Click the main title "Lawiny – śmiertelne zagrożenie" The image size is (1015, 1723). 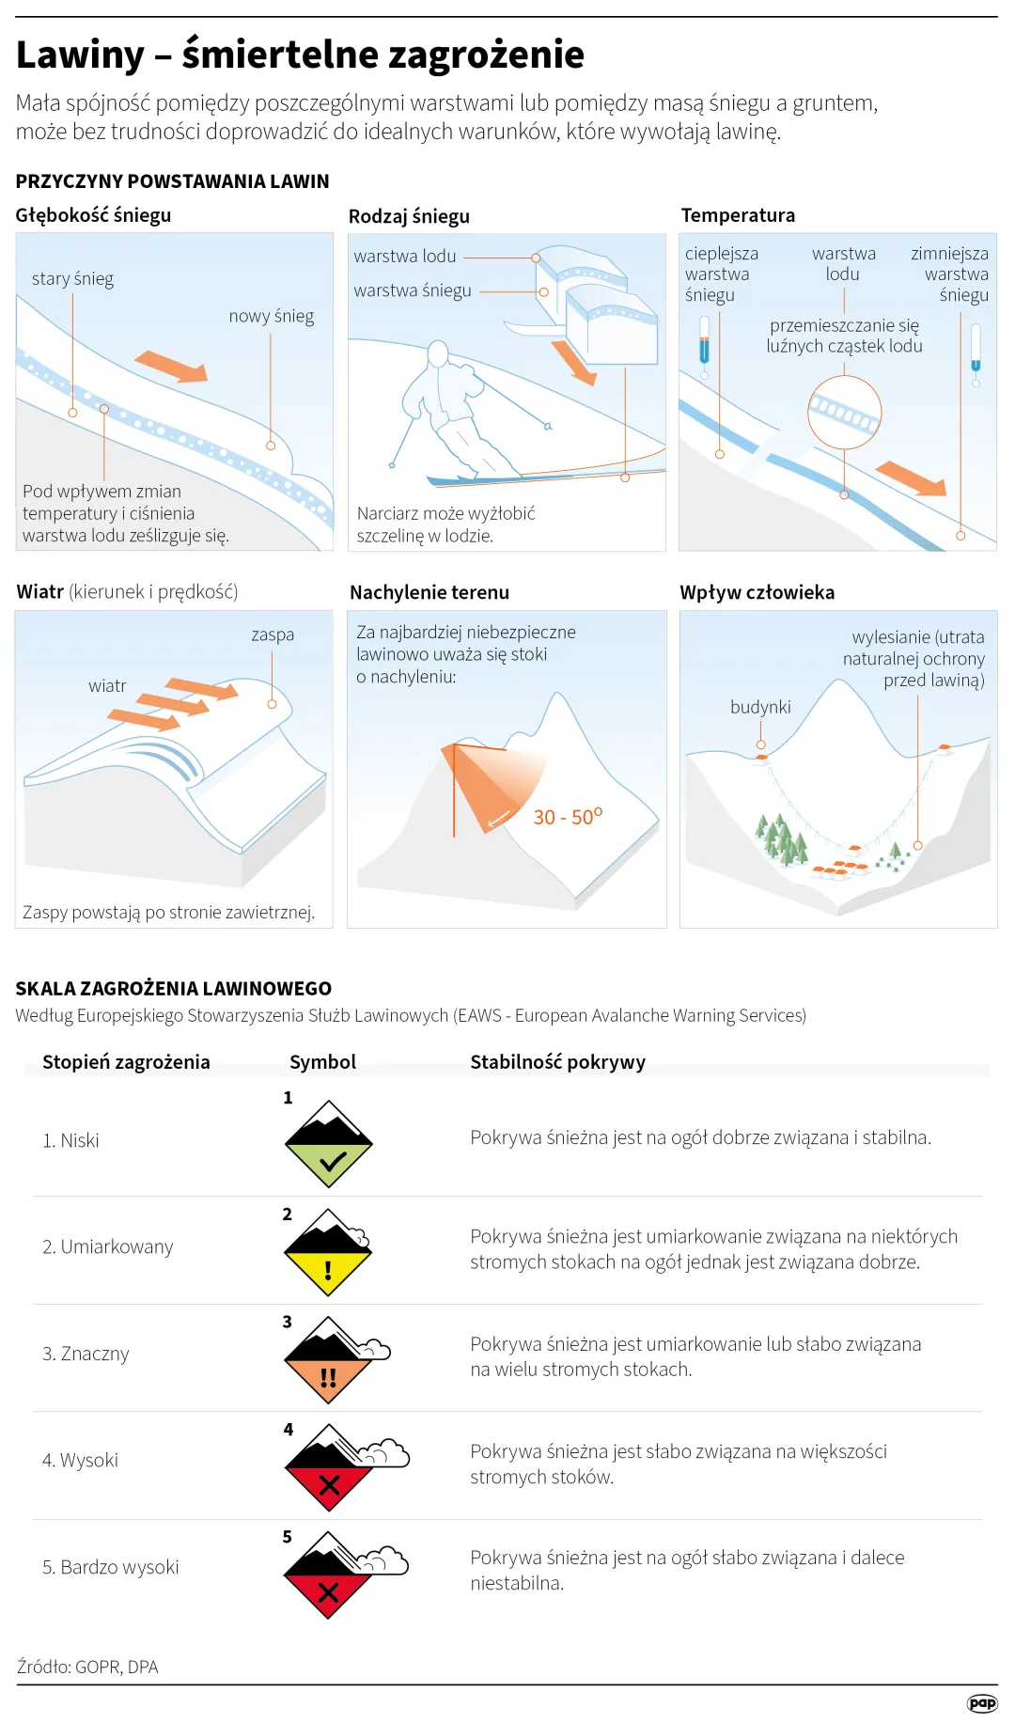300,55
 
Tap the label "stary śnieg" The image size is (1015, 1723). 72,279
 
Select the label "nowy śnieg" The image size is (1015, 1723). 271,317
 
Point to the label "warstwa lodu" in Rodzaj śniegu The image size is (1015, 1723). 404,257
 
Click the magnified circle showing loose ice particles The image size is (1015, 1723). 844,412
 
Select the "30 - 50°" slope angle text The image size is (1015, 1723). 567,817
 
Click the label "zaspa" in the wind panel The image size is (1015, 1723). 273,635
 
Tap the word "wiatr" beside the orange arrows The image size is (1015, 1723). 107,686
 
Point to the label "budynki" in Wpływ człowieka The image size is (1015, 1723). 760,707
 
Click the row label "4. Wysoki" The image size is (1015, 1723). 80,1461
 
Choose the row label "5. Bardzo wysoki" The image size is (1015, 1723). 110,1568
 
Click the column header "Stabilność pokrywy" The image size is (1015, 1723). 557,1062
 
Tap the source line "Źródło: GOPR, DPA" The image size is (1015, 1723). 87,1667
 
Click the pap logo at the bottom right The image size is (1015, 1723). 982,1703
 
